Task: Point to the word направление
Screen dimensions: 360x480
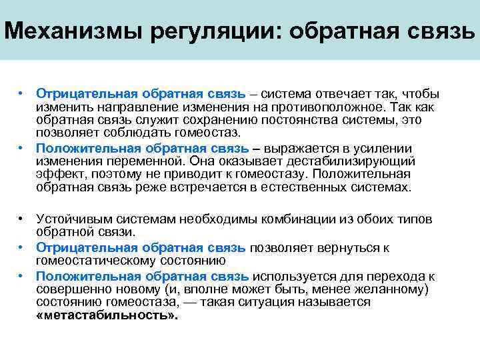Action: coord(126,106)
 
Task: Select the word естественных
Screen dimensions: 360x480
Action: coord(322,187)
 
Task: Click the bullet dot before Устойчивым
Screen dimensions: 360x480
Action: coord(22,219)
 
